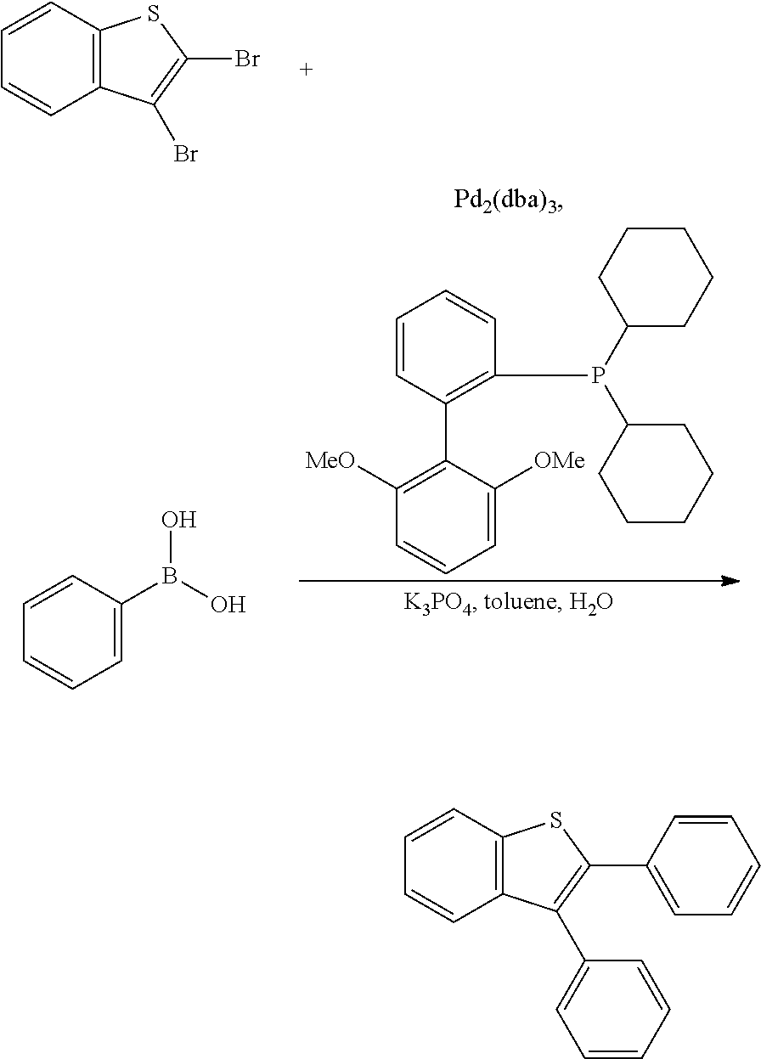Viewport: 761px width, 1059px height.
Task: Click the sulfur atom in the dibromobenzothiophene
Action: [x=153, y=14]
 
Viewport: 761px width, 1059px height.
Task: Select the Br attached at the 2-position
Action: [x=247, y=59]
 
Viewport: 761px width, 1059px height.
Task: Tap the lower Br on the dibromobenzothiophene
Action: [x=185, y=154]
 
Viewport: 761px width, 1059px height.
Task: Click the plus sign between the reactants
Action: [x=307, y=70]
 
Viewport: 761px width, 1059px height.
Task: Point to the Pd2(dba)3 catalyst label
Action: [x=508, y=200]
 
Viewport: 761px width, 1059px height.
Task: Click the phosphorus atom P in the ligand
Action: [x=598, y=375]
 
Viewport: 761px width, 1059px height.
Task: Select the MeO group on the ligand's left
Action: [x=330, y=460]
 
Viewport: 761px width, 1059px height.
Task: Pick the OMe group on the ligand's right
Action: [x=560, y=460]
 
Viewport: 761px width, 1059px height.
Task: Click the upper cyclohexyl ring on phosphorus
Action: [x=656, y=277]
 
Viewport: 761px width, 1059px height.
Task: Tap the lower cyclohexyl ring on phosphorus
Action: [x=656, y=473]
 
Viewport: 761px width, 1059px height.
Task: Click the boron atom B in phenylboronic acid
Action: [x=169, y=577]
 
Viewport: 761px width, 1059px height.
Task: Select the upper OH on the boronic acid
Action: [x=178, y=520]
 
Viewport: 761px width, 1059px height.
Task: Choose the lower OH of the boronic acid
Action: [x=228, y=605]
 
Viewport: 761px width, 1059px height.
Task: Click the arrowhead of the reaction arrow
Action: [x=730, y=581]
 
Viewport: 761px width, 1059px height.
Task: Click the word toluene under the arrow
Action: [x=521, y=602]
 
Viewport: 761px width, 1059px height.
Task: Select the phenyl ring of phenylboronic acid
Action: [x=72, y=633]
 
